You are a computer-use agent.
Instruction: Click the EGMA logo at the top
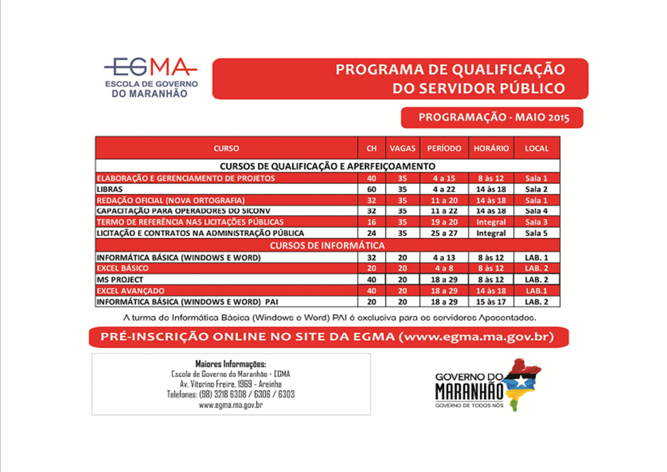(151, 77)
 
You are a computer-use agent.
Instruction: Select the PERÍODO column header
(444, 149)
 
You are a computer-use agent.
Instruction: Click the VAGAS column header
(402, 149)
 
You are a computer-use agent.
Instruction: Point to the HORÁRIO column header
(491, 149)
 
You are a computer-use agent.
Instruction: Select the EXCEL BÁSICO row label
(122, 269)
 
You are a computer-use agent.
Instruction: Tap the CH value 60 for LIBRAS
(371, 189)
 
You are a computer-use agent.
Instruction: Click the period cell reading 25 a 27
(444, 233)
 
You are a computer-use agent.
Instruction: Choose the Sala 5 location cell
(537, 233)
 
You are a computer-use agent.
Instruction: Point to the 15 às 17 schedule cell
(491, 302)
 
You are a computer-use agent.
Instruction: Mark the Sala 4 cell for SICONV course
(537, 211)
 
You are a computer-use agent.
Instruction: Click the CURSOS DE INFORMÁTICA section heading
(327, 246)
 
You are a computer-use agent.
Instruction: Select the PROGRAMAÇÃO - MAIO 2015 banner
(493, 118)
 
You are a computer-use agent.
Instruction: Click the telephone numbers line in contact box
(231, 394)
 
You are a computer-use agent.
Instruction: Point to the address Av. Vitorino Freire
(231, 384)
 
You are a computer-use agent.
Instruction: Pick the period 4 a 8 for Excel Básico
(444, 269)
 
